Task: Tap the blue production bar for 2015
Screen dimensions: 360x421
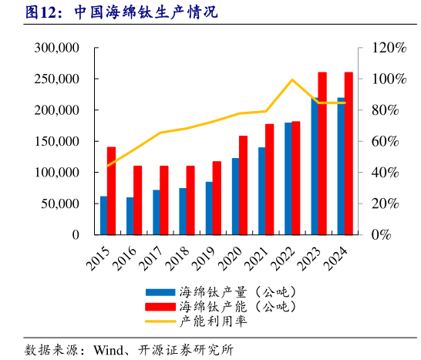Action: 103,215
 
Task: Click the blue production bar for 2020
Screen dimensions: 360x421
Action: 235,196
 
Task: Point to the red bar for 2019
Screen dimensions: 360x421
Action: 217,197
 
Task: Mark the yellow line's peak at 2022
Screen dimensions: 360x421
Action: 292,79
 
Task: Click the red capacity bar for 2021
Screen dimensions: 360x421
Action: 270,179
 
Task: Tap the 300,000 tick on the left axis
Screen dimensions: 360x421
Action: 57,48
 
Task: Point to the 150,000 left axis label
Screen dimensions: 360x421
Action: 57,141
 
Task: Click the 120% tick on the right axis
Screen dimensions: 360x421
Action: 390,48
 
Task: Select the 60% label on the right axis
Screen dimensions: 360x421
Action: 390,141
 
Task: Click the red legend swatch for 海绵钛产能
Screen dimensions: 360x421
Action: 159,307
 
